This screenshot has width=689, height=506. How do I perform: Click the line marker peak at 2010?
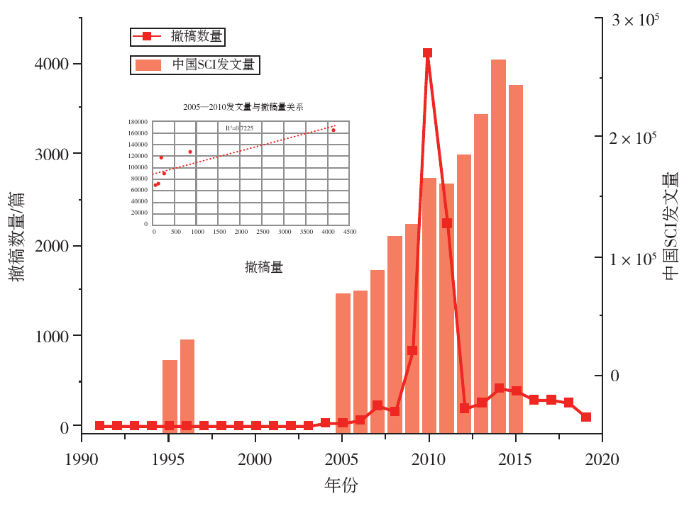[427, 53]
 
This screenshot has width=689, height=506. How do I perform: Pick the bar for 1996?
[187, 386]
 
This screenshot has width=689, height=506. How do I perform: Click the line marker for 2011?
[447, 223]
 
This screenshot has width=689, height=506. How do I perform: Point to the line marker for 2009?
[412, 350]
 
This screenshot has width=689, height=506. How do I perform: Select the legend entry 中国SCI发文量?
[213, 64]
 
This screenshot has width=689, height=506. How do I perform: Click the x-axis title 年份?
[341, 486]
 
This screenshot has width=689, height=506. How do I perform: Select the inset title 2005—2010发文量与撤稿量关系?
[243, 107]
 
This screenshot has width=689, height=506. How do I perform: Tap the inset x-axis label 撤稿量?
[264, 267]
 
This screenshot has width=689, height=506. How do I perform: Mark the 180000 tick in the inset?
[138, 122]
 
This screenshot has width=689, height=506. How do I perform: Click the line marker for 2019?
[586, 417]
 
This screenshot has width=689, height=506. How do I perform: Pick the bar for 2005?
[343, 362]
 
